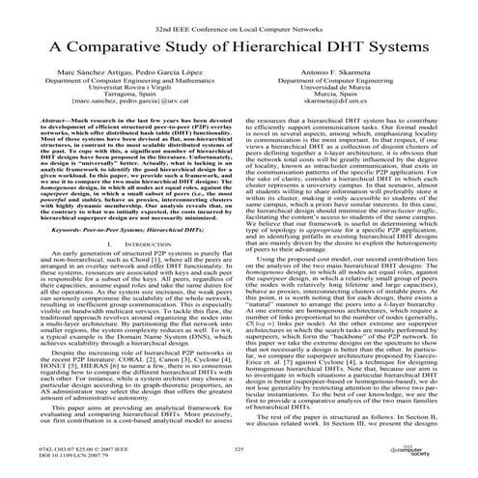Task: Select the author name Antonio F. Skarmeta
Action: click(x=357, y=72)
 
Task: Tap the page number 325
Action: click(x=239, y=449)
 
